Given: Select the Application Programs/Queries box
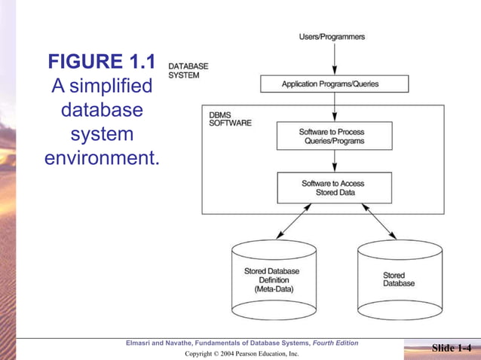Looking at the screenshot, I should pyautogui.click(x=334, y=84).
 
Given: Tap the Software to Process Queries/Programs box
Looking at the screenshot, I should pyautogui.click(x=332, y=136).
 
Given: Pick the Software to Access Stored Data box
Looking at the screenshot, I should pyautogui.click(x=332, y=187).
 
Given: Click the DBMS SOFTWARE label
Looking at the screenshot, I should pyautogui.click(x=231, y=119).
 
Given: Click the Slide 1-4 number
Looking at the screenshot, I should pyautogui.click(x=455, y=347).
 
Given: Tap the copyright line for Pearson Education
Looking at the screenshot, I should pyautogui.click(x=241, y=353).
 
